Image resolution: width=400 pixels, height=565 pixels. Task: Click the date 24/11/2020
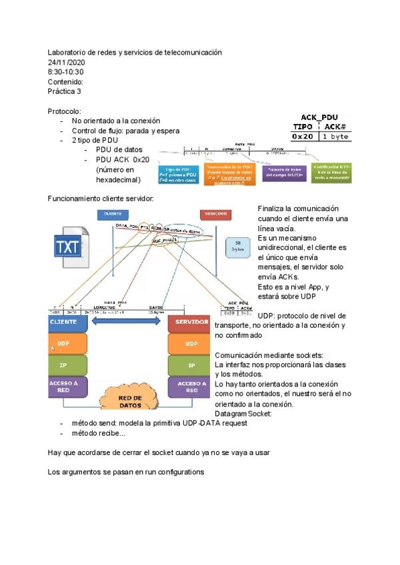pos(66,62)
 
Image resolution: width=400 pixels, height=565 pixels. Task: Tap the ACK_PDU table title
pos(319,117)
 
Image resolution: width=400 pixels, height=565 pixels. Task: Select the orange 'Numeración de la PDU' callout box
pos(228,173)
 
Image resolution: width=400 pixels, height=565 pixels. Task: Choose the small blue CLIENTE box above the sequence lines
pos(113,214)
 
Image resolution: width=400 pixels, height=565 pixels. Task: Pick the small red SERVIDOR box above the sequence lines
pos(215,214)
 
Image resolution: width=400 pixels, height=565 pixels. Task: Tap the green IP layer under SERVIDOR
pos(191,365)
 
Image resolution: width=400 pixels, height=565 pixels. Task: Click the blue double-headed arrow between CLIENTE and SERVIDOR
pos(127,322)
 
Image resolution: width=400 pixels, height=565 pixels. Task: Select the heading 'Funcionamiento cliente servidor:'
pos(101,199)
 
